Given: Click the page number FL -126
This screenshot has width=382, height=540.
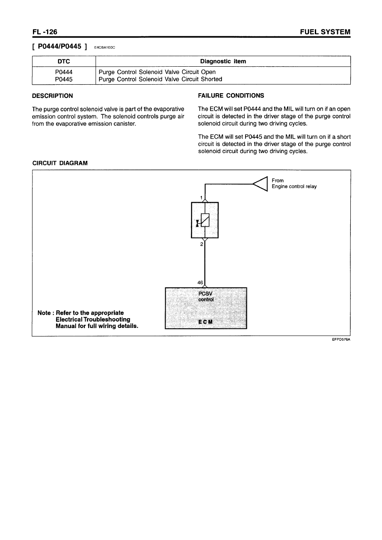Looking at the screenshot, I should tap(44, 32).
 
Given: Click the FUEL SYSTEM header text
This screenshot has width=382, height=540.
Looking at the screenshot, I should tap(326, 32).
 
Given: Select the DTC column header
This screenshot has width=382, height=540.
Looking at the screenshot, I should tap(64, 62).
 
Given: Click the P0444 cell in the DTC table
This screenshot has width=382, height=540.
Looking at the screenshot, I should tap(64, 72).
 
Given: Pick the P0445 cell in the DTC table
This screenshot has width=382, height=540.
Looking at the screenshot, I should tap(64, 79).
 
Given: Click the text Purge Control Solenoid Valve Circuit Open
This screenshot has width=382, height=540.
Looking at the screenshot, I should tap(157, 72).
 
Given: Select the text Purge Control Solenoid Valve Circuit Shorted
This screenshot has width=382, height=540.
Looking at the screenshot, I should tap(160, 79).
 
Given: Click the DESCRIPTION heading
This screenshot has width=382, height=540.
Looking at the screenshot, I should tap(53, 96).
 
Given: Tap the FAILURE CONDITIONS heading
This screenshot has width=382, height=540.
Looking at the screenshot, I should tap(231, 96).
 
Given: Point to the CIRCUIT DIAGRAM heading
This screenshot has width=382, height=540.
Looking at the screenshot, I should tap(60, 163).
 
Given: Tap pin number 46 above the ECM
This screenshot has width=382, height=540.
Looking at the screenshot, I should tap(200, 283).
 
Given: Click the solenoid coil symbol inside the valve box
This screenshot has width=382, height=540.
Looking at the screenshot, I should tap(205, 220).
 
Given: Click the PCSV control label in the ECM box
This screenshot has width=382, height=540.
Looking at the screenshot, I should tap(206, 297).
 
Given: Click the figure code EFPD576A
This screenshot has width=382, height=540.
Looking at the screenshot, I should tap(341, 341).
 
